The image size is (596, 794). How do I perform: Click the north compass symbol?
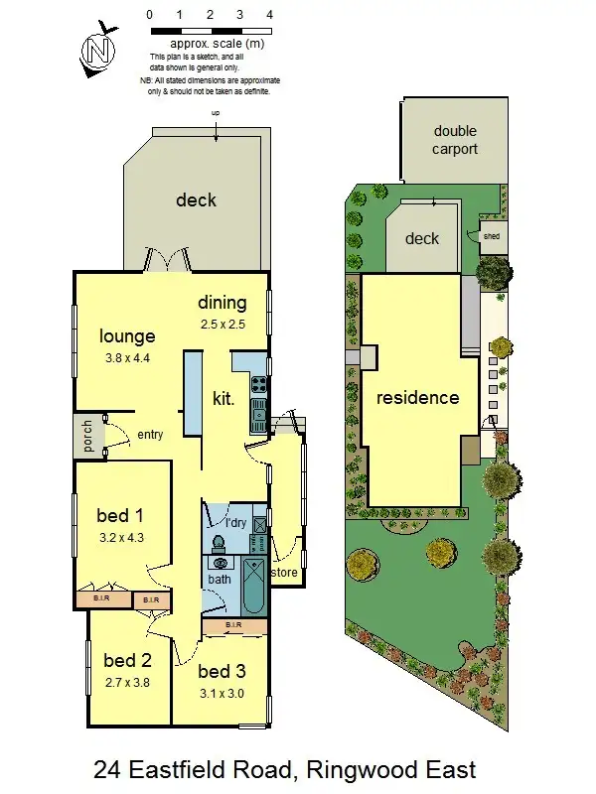96,50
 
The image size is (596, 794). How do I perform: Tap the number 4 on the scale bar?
270,16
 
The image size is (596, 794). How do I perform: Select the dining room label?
222,303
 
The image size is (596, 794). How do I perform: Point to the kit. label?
223,399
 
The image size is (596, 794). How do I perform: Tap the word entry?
151,434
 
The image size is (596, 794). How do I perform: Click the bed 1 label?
120,515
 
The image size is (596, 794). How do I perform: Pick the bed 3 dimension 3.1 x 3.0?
221,693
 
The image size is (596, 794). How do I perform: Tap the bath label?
219,580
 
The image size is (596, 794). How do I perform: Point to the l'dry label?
235,522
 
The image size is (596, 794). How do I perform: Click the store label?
284,573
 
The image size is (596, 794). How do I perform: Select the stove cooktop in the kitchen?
258,383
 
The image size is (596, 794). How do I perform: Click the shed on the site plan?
492,237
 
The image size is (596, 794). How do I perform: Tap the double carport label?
455,140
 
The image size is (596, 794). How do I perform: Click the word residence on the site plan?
417,398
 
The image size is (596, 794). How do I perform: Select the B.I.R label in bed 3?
233,624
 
